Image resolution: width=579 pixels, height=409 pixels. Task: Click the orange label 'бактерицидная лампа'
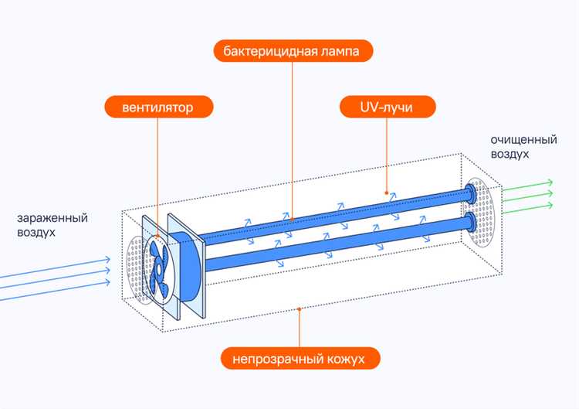point(293,52)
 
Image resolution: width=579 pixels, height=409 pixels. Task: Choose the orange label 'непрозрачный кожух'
point(302,359)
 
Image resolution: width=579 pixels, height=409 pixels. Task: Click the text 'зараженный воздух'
point(50,224)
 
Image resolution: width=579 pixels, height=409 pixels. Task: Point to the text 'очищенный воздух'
point(523,147)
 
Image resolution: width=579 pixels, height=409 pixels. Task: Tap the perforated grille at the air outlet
point(483,213)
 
